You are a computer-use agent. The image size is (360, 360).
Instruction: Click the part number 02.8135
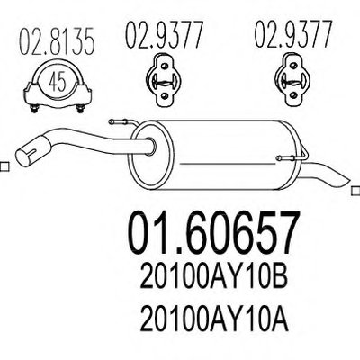coord(58,41)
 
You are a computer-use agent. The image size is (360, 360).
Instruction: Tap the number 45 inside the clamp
coord(58,82)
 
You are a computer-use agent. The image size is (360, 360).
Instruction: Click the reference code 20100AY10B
coord(214,279)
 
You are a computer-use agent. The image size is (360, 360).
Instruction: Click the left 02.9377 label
coord(164,36)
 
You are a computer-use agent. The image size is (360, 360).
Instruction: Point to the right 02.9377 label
coord(293,35)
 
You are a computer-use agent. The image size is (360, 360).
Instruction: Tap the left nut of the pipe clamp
coord(34,109)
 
